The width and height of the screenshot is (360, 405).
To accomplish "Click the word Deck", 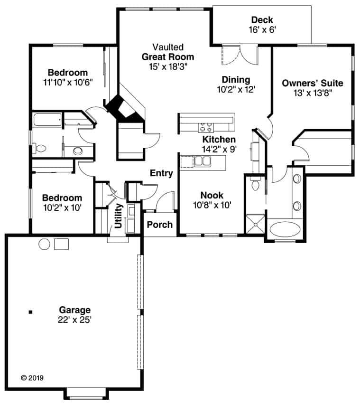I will click(262, 20).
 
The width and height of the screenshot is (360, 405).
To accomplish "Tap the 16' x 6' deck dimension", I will click(262, 29).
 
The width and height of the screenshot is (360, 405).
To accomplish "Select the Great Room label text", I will click(168, 57).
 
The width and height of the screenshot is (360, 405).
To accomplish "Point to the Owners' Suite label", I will click(313, 83).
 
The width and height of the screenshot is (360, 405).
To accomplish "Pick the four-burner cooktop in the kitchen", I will click(206, 127).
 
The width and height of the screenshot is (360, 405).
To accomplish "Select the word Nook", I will click(212, 195).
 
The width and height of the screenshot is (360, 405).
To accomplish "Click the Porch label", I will click(160, 224).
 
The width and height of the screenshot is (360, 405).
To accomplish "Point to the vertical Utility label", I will click(118, 216).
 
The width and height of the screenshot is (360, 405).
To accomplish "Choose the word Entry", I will click(161, 173).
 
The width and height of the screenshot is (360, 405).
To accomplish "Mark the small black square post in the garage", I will click(30, 312).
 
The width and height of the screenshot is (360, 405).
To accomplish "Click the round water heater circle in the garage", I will click(44, 245).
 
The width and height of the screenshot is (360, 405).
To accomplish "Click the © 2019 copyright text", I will click(32, 378).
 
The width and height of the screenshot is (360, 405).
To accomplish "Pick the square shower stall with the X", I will click(255, 224).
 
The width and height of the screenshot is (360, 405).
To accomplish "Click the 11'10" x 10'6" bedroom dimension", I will click(67, 82).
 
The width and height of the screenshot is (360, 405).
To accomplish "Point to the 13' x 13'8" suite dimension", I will click(313, 93).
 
